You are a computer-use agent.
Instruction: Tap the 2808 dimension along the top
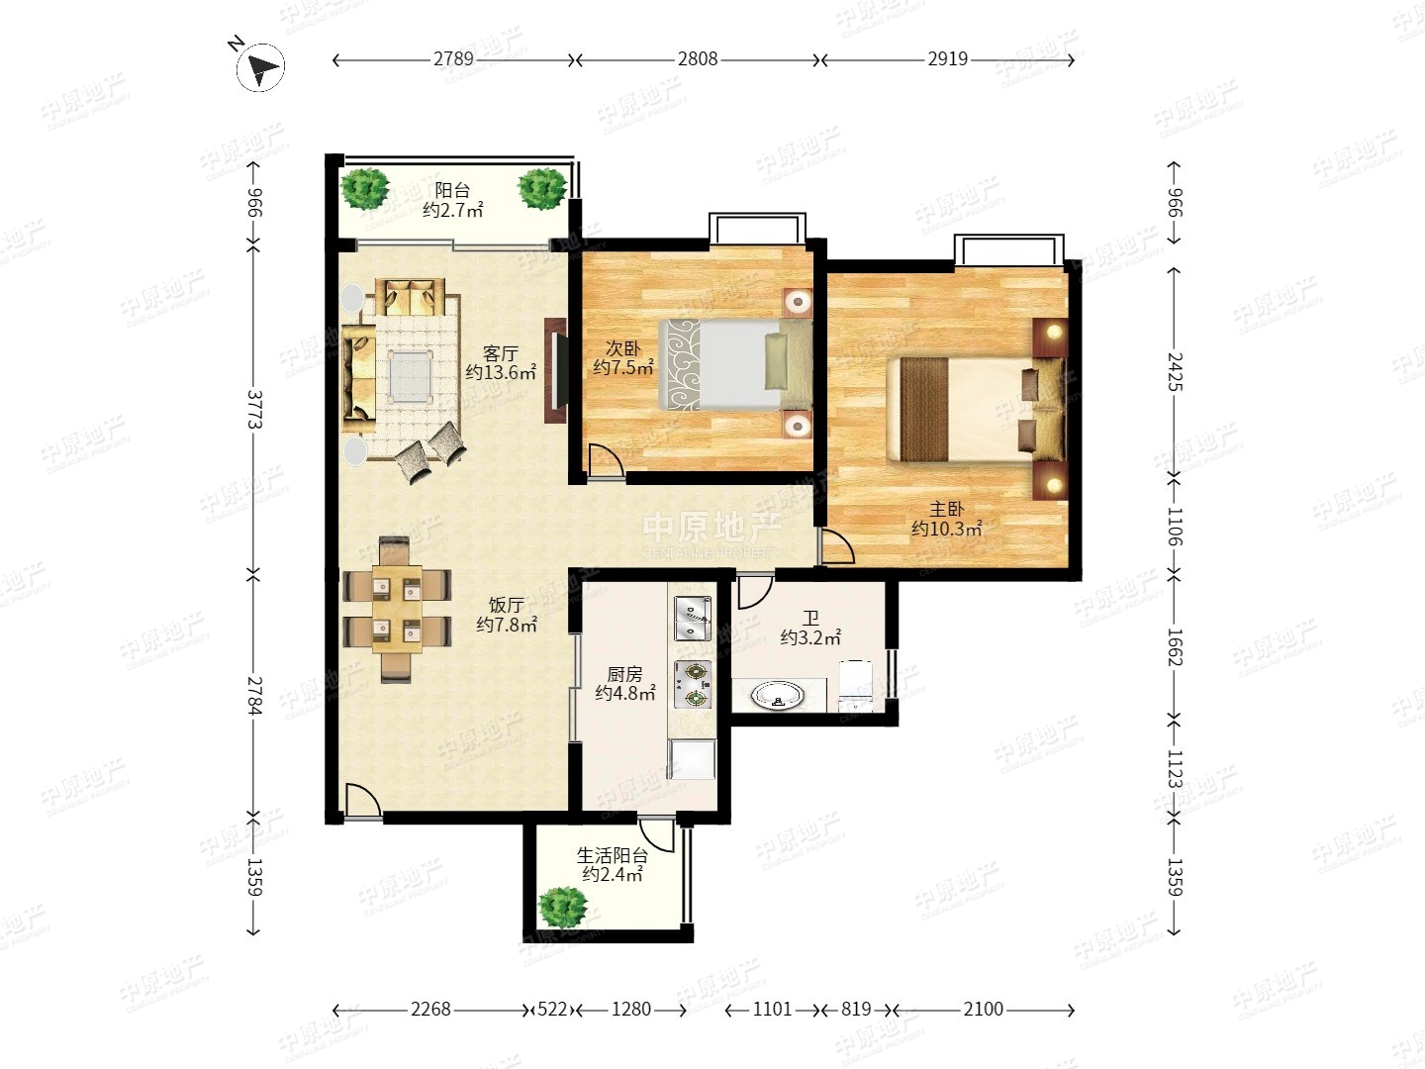698,59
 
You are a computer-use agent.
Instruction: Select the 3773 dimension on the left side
254,409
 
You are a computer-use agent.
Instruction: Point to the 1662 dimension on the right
1175,646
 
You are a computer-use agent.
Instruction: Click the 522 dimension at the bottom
552,1010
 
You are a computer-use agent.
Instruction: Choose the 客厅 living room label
501,353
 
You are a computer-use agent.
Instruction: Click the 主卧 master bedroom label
946,510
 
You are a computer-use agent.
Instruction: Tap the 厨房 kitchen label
624,674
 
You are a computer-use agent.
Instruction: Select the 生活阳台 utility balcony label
613,855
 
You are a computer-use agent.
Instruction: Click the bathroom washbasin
777,696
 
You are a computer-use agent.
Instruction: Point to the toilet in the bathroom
856,685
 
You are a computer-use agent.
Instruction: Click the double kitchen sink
693,619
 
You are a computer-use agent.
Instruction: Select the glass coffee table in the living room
411,376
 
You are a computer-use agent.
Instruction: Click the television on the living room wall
556,370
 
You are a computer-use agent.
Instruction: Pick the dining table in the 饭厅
397,609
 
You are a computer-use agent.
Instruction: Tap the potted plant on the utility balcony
563,907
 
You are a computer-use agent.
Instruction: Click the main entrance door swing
361,801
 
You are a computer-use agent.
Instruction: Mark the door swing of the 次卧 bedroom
606,462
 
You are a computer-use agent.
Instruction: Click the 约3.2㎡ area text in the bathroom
810,637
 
